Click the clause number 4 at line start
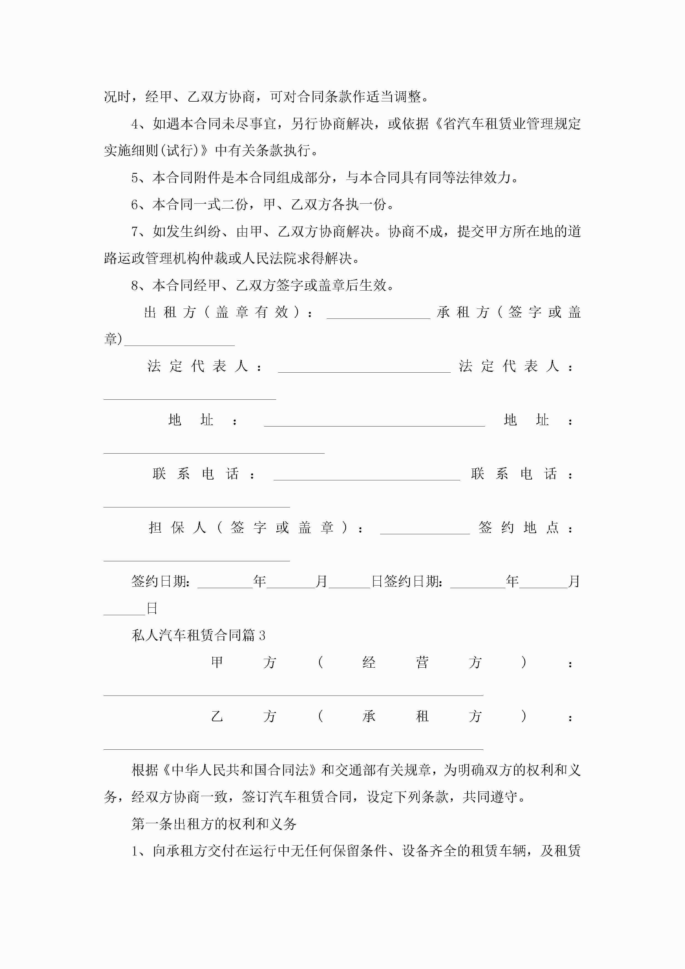click(135, 124)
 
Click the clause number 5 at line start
click(135, 178)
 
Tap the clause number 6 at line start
click(135, 205)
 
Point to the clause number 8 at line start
click(135, 286)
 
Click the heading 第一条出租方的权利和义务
click(214, 823)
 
